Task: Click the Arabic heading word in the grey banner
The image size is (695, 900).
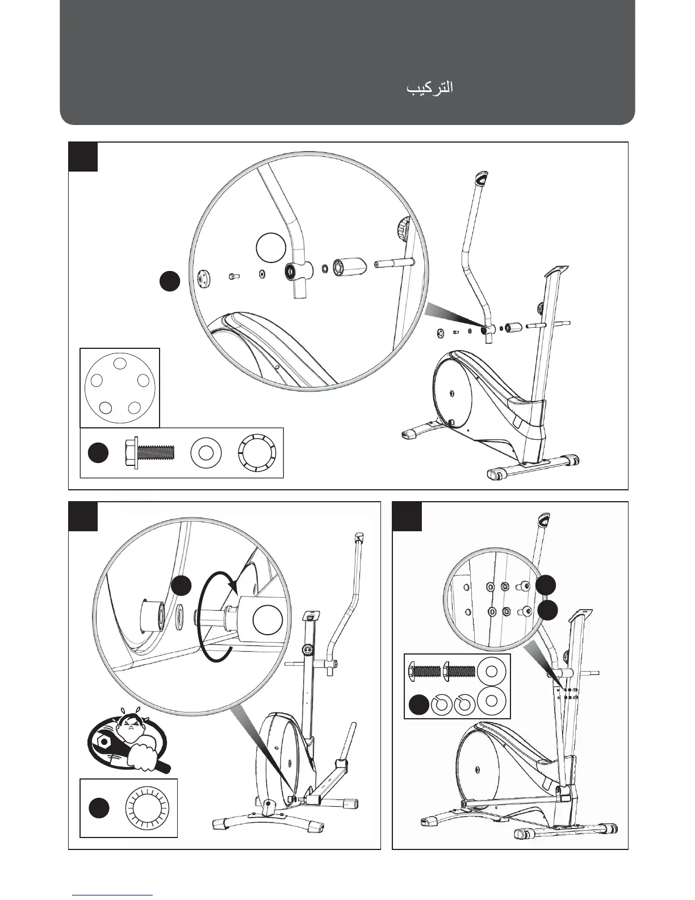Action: coord(429,89)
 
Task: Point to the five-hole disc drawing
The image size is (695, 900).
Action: coord(120,387)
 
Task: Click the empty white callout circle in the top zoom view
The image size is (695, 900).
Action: coord(271,248)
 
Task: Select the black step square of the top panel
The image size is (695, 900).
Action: coord(83,157)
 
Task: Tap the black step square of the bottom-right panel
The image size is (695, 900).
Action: coord(407,516)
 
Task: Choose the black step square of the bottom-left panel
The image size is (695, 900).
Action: coord(83,516)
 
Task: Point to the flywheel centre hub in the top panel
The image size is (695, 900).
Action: coord(451,393)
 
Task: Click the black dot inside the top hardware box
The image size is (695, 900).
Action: coord(98,453)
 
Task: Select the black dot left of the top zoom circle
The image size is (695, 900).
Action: coord(169,281)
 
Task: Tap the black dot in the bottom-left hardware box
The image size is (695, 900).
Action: coord(99,809)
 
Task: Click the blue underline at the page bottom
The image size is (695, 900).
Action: coord(112,895)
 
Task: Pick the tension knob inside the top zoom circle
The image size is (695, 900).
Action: coord(403,229)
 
